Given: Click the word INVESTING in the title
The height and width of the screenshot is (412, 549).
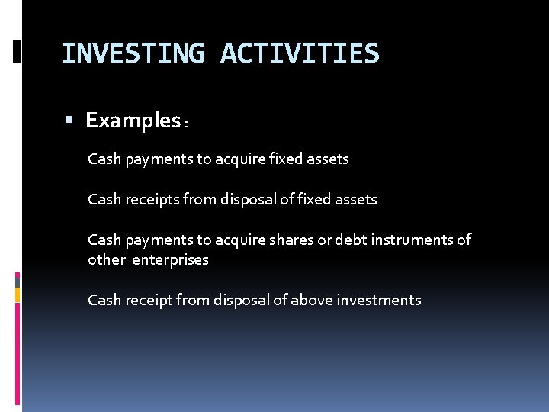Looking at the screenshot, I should [132, 54].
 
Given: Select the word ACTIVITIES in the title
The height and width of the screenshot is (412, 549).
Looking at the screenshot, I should [299, 54].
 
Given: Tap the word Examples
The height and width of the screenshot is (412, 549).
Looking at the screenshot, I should [133, 121].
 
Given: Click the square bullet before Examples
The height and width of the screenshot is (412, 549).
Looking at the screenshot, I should [69, 121].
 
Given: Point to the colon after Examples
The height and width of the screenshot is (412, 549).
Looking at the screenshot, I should [186, 124].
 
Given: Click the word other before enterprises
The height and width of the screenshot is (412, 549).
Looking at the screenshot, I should [106, 259].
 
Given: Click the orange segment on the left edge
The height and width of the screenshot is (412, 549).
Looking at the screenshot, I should [18, 294].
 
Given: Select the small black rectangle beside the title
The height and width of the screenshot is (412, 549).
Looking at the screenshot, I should [18, 52].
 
